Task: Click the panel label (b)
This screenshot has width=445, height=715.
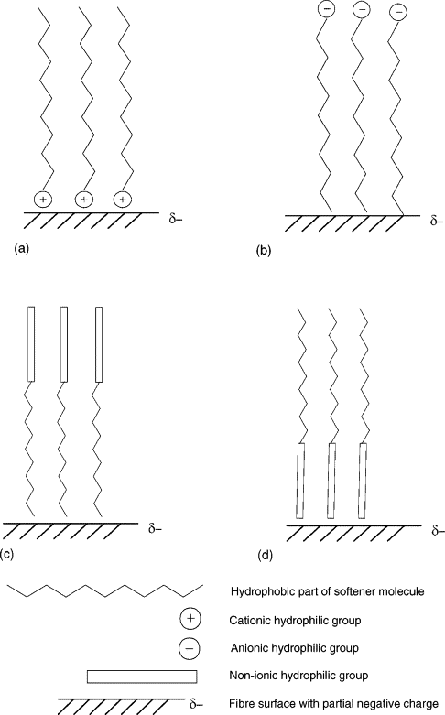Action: [264, 250]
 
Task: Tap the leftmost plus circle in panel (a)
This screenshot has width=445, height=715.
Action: [43, 200]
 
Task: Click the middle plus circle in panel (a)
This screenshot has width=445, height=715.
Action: [83, 200]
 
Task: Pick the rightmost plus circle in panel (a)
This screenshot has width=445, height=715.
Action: [122, 200]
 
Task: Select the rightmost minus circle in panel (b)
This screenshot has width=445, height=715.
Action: [398, 13]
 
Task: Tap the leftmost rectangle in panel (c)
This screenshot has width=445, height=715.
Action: [31, 344]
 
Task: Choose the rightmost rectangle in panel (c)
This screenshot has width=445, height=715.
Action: [99, 344]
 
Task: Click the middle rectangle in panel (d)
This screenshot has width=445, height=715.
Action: [332, 481]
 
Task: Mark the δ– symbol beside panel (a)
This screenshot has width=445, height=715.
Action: [176, 222]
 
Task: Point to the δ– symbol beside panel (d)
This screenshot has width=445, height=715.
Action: [437, 530]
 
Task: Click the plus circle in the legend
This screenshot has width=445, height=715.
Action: [190, 619]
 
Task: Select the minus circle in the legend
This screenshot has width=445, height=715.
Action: [190, 647]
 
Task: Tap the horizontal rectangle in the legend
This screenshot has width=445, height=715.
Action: [142, 677]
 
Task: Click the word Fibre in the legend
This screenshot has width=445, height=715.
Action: [240, 704]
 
